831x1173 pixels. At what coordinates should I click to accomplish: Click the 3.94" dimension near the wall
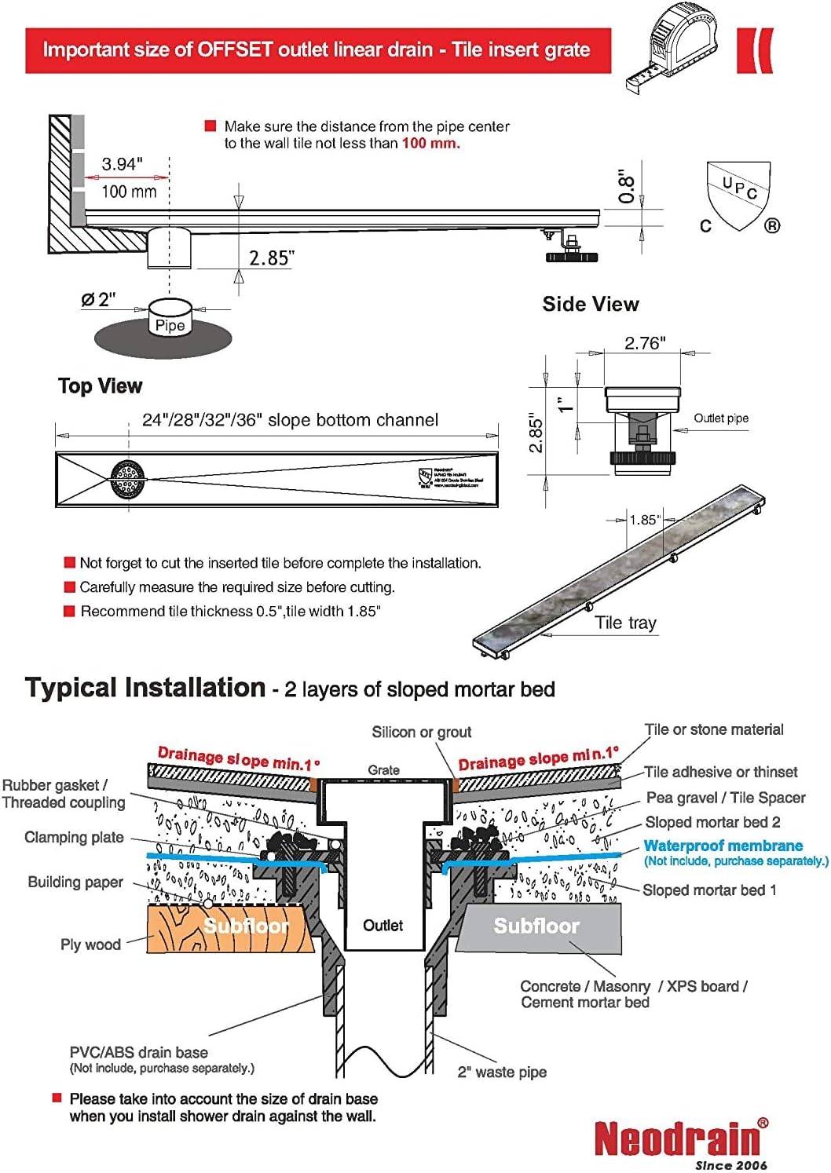click(x=122, y=164)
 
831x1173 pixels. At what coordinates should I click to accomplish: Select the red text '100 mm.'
click(x=430, y=144)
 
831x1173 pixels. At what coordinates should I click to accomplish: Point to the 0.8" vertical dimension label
click(x=626, y=187)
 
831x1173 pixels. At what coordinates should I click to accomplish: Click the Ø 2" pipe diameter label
click(x=98, y=299)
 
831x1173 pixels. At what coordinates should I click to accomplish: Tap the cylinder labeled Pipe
click(x=170, y=319)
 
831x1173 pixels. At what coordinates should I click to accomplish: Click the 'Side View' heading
click(x=590, y=305)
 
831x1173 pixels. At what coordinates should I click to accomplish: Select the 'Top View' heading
click(x=100, y=386)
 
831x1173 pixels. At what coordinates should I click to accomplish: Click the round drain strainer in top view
click(x=128, y=479)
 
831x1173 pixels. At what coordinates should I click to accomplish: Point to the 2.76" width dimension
click(x=644, y=343)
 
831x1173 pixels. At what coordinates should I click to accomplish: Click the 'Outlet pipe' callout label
click(x=720, y=418)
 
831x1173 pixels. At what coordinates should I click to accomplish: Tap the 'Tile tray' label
click(x=625, y=623)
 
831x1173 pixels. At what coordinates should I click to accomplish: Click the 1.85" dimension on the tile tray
click(x=644, y=520)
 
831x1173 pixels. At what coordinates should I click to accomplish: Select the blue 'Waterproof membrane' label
click(x=723, y=846)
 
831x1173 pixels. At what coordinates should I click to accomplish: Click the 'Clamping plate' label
click(x=74, y=838)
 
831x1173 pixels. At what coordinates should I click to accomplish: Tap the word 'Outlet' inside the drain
click(x=383, y=926)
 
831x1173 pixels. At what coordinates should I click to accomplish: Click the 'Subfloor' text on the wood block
click(x=246, y=926)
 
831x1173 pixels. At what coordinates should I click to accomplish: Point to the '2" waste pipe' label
click(x=502, y=1073)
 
